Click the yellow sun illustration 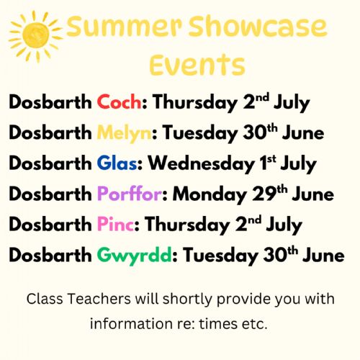click(x=35, y=36)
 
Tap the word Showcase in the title click(x=258, y=26)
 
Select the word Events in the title click(x=197, y=64)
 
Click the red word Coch click(x=119, y=102)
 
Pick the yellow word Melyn click(x=124, y=133)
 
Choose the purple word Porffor click(x=130, y=193)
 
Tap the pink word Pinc click(x=115, y=225)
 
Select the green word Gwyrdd click(x=135, y=256)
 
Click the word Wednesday click(x=201, y=163)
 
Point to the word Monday click(x=210, y=194)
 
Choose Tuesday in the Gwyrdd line click(x=220, y=256)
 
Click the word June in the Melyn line click(x=303, y=133)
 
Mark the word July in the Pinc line click(x=284, y=225)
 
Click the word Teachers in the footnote click(x=99, y=299)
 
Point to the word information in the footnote click(x=131, y=324)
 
